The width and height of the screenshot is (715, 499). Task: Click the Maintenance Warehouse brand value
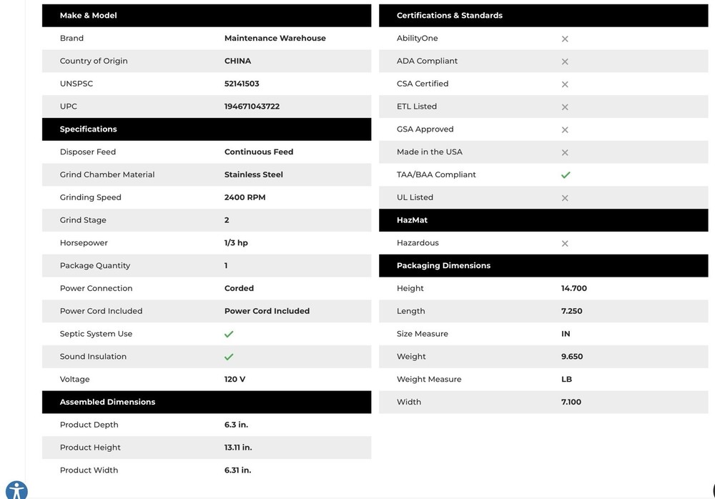click(275, 39)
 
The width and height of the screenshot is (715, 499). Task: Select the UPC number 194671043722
click(252, 107)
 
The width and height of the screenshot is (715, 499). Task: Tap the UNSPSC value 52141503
click(242, 84)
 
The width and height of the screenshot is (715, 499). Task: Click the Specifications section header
click(89, 129)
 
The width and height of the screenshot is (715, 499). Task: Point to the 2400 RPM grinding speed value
click(245, 197)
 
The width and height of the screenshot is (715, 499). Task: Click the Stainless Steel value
click(253, 174)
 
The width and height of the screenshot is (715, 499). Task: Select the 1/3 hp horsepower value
click(236, 243)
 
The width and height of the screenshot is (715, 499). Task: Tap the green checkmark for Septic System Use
click(229, 334)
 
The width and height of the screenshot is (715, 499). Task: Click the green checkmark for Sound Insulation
click(229, 357)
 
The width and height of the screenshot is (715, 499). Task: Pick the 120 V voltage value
click(235, 380)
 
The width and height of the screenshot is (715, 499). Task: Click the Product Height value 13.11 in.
click(237, 448)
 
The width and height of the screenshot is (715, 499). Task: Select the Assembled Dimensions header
click(107, 402)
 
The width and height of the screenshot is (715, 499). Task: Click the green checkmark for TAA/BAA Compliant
click(566, 175)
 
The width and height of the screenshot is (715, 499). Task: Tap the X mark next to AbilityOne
click(565, 39)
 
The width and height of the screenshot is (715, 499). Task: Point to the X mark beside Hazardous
click(565, 244)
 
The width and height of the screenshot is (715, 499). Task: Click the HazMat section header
click(412, 220)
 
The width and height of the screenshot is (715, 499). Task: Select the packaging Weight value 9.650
click(572, 357)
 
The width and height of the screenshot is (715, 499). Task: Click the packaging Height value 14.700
click(573, 289)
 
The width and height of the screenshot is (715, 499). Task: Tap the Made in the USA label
click(429, 152)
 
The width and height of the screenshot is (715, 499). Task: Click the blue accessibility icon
click(16, 490)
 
